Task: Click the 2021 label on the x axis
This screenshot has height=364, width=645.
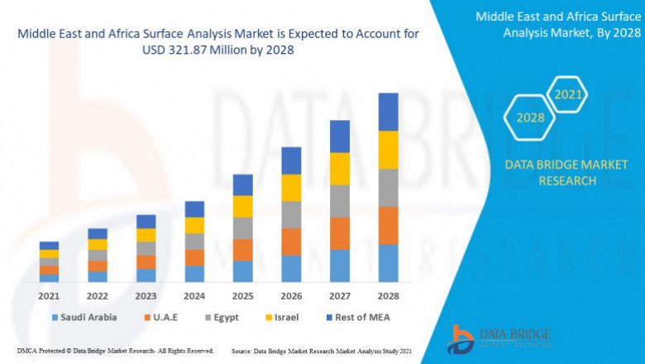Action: [49, 295]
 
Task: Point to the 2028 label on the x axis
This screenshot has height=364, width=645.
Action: [388, 295]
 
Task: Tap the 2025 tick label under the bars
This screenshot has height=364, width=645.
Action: [242, 295]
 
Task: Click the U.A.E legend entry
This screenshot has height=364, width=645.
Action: [162, 317]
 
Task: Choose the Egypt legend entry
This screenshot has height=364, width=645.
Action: [225, 317]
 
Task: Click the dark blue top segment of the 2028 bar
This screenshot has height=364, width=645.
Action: [388, 112]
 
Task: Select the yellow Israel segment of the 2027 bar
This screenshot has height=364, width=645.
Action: [340, 169]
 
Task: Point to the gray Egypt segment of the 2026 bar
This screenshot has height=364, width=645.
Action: [291, 215]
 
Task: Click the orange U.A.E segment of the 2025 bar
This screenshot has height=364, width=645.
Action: [242, 250]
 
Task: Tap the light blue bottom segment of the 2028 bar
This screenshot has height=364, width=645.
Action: [388, 263]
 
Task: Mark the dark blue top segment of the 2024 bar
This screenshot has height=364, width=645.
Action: [194, 209]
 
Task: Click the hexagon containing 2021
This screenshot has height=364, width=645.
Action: [568, 95]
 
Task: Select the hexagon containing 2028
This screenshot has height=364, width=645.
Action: [530, 117]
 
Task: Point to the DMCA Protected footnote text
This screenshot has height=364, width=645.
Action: [116, 351]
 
